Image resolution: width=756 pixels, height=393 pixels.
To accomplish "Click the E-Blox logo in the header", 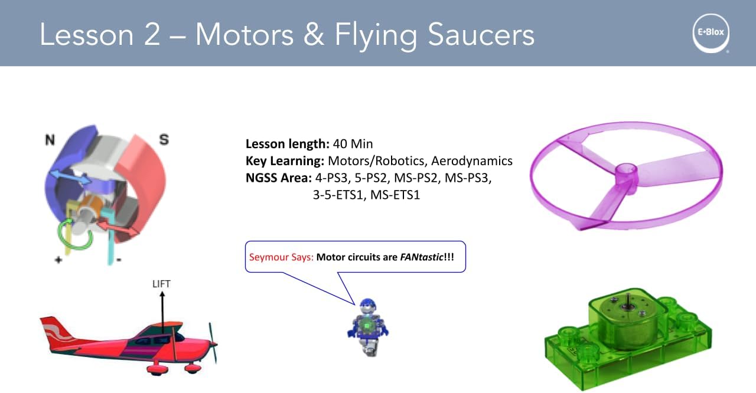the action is click(711, 33).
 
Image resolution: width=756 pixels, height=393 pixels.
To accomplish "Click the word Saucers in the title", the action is click(481, 34).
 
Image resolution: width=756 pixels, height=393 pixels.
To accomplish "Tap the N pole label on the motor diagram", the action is click(50, 139).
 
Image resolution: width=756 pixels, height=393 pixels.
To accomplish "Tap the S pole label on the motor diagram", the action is click(164, 139).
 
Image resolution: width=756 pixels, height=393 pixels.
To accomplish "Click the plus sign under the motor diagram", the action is click(58, 260).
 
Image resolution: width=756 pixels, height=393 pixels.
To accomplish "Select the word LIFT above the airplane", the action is click(161, 284).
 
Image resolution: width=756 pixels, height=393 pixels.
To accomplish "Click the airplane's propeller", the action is click(213, 342).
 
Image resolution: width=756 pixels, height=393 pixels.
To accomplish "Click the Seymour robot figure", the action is click(368, 327).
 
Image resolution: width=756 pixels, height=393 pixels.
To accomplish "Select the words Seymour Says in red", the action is click(281, 257).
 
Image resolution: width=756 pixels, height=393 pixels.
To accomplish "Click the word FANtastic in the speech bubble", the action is click(421, 257).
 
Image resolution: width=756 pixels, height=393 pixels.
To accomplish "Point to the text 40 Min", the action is click(353, 144).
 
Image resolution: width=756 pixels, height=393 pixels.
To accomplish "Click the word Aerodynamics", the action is click(472, 161).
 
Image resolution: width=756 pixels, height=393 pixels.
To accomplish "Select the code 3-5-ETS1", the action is click(337, 195).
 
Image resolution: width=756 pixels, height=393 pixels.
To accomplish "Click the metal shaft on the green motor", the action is click(628, 299).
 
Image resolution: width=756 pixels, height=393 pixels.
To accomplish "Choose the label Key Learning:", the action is click(285, 161).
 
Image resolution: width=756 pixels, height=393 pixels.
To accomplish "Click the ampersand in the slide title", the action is click(314, 34).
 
